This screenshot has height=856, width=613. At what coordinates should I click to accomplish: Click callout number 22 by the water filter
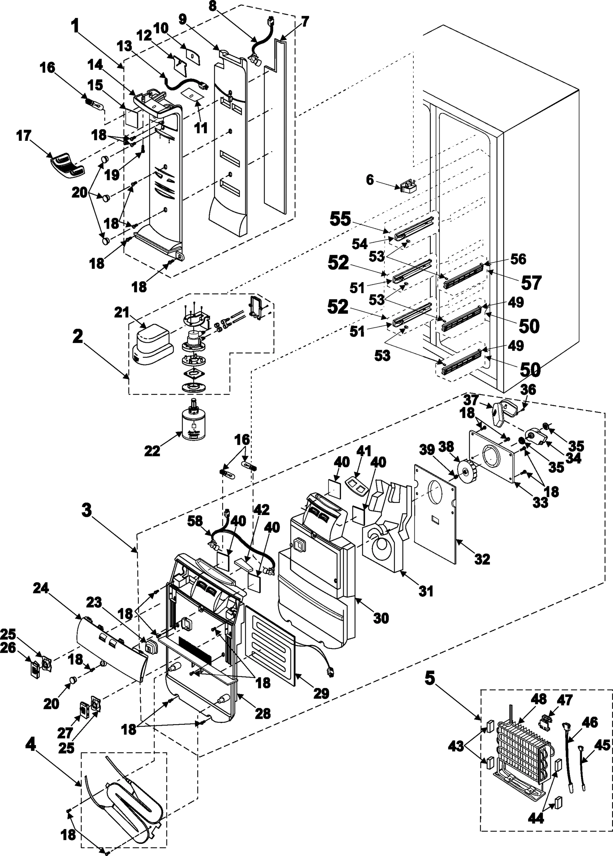(152, 450)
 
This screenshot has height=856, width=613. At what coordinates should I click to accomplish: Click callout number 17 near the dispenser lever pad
(24, 136)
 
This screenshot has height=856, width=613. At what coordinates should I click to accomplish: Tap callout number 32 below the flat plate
(482, 559)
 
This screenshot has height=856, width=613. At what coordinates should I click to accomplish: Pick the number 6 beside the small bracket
(370, 180)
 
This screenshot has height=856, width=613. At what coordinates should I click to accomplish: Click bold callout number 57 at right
(531, 282)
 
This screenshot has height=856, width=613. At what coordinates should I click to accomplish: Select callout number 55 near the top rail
(340, 219)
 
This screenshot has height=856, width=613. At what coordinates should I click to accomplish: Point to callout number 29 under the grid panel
(321, 693)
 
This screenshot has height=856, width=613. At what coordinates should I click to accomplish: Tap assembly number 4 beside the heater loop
(31, 744)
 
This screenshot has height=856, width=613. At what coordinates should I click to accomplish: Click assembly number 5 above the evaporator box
(430, 678)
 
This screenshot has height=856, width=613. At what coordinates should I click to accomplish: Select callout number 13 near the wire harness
(124, 46)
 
